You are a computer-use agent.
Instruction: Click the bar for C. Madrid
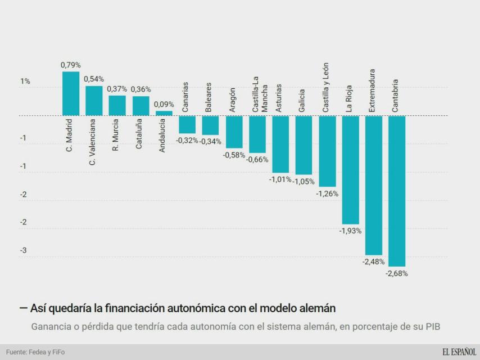[x=71, y=93]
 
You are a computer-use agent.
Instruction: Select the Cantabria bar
[x=397, y=191]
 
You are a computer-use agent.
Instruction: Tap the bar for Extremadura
[x=374, y=185]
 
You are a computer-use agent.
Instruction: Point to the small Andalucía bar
[x=164, y=113]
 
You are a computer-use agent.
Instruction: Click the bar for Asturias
[x=280, y=144]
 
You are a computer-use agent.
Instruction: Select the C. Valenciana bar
[x=94, y=101]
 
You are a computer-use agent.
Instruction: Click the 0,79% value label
[x=71, y=65]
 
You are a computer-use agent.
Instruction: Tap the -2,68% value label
[x=397, y=274]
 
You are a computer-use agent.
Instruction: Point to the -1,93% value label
[x=350, y=231]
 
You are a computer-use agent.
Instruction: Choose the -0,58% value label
[x=234, y=155]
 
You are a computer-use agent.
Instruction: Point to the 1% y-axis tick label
[x=25, y=82]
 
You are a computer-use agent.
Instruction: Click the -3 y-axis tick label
[x=24, y=250]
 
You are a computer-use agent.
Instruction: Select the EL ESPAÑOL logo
[x=458, y=352]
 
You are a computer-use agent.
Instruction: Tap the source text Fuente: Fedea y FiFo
[x=35, y=352]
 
